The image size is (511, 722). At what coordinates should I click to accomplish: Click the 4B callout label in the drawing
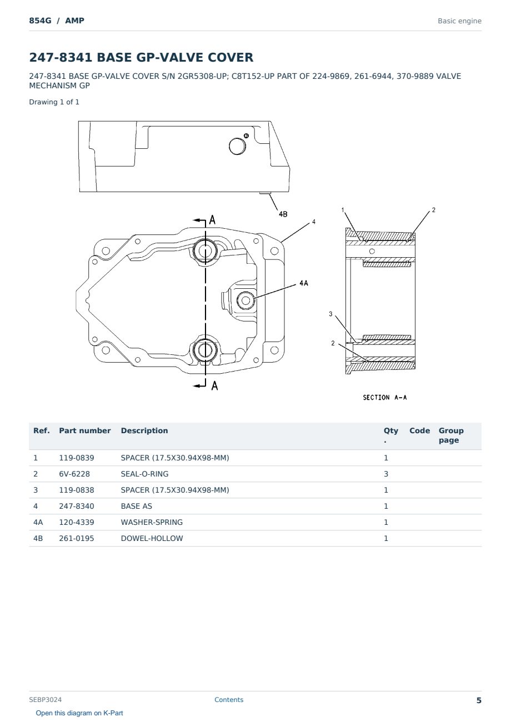[283, 214]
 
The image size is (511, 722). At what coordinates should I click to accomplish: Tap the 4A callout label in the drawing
[304, 283]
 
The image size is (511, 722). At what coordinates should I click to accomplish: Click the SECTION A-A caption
[384, 398]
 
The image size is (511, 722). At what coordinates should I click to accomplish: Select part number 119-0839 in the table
[77, 458]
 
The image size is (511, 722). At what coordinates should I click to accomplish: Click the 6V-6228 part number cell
[74, 474]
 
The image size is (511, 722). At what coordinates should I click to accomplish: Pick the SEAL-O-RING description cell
[144, 474]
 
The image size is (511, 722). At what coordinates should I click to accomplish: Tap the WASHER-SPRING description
[152, 522]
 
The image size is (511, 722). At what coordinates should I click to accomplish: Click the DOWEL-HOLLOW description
[152, 538]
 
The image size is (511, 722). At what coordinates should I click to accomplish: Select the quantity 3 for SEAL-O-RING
[386, 474]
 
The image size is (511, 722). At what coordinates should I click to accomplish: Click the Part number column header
[85, 430]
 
